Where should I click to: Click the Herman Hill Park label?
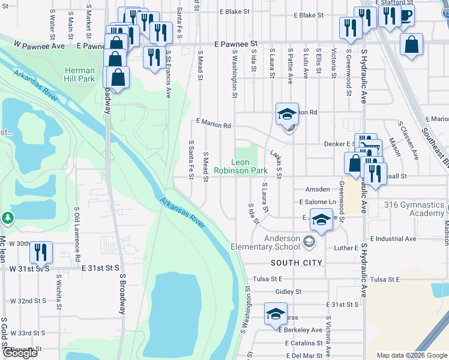pyautogui.click(x=80, y=74)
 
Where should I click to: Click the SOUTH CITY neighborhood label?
pyautogui.click(x=297, y=263)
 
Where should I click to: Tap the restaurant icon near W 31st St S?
pyautogui.click(x=41, y=251)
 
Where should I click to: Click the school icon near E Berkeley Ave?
pyautogui.click(x=276, y=313)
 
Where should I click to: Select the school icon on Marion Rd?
pyautogui.click(x=287, y=113)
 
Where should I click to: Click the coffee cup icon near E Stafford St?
pyautogui.click(x=406, y=16)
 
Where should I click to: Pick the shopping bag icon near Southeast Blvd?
pyautogui.click(x=411, y=44)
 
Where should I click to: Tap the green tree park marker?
pyautogui.click(x=8, y=217)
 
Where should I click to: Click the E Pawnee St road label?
pyautogui.click(x=236, y=44)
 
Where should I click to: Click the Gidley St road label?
pyautogui.click(x=288, y=292)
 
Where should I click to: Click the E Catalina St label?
pyautogui.click(x=304, y=343)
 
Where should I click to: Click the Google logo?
pyautogui.click(x=20, y=353)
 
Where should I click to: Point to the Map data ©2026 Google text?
pyautogui.click(x=411, y=355)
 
